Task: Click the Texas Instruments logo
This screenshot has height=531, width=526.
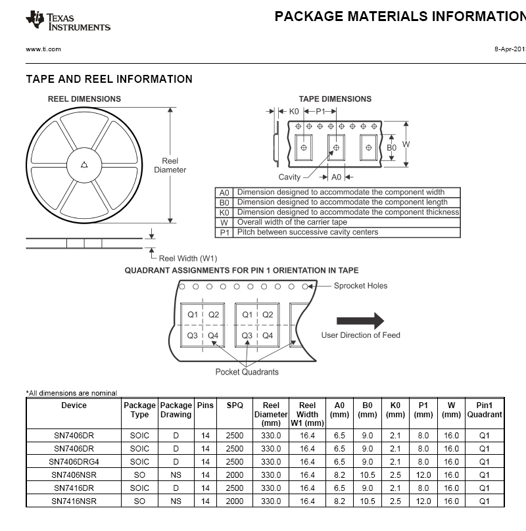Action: pos(68,21)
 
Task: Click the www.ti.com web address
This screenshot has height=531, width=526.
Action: pos(43,49)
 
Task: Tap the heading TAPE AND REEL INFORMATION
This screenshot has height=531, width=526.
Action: pos(109,80)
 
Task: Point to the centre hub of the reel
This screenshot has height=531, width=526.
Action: pos(84,164)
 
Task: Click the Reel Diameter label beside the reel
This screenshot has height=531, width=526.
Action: pos(170,165)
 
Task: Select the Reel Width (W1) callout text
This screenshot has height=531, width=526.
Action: pos(188,258)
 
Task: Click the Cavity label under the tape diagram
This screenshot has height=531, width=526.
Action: pos(289,177)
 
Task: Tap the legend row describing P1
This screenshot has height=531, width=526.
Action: pos(339,232)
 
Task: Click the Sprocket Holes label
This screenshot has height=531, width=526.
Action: pos(360,285)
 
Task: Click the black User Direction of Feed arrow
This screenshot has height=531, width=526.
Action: pos(360,321)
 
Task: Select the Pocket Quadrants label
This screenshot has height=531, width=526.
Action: pos(247,372)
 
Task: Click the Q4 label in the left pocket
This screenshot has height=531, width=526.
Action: pos(213,335)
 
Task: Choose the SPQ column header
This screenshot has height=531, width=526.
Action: pos(235,405)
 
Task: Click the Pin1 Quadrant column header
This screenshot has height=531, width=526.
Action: pos(485,410)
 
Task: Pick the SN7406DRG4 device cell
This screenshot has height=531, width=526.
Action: pos(74,462)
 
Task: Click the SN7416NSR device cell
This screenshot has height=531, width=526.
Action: pos(74,501)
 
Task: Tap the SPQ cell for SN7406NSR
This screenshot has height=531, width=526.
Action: pos(235,475)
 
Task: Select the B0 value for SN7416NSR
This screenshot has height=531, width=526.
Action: pos(367,501)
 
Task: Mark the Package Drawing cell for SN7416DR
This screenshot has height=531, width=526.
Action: pos(176,488)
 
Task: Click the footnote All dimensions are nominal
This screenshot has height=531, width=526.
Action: pos(72,393)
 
